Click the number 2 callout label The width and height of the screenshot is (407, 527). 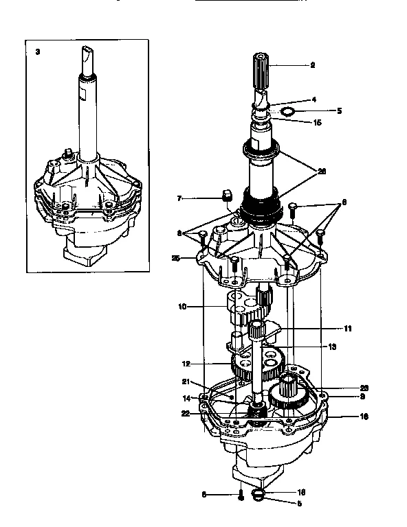tap(312, 66)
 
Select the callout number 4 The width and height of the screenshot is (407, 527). tap(313, 99)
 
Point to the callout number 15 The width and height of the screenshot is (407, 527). tap(317, 123)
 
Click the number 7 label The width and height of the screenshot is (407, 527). tap(179, 198)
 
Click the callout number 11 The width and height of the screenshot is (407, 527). tap(348, 329)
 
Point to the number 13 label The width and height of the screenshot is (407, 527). tap(332, 347)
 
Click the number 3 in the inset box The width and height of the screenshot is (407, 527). tap(37, 51)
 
